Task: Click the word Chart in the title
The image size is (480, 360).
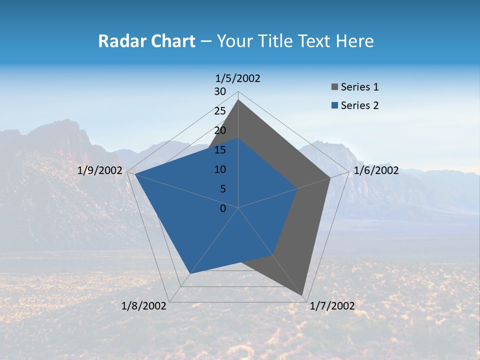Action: tap(171, 41)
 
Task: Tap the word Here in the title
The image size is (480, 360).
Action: tap(355, 41)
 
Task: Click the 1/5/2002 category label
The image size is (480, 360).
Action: tap(238, 78)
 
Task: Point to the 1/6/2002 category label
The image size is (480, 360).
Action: tap(376, 170)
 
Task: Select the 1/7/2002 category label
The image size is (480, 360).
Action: tap(332, 306)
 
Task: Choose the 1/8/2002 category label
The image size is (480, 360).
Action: tap(144, 306)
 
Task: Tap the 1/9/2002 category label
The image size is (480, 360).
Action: tap(100, 170)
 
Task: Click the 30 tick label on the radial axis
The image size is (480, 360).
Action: tap(220, 91)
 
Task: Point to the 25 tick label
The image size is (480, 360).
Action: tap(220, 111)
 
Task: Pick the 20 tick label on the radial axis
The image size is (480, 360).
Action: tap(220, 130)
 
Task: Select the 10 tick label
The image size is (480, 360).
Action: tap(220, 169)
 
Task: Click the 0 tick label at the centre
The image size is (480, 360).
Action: tap(223, 208)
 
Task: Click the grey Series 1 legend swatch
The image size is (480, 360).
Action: tap(335, 87)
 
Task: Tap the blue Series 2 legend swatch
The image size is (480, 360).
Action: tap(335, 105)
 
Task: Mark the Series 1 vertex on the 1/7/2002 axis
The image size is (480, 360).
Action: tap(302, 295)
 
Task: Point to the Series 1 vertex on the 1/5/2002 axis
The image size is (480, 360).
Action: tap(238, 100)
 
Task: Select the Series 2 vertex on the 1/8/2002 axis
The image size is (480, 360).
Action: tap(190, 273)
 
